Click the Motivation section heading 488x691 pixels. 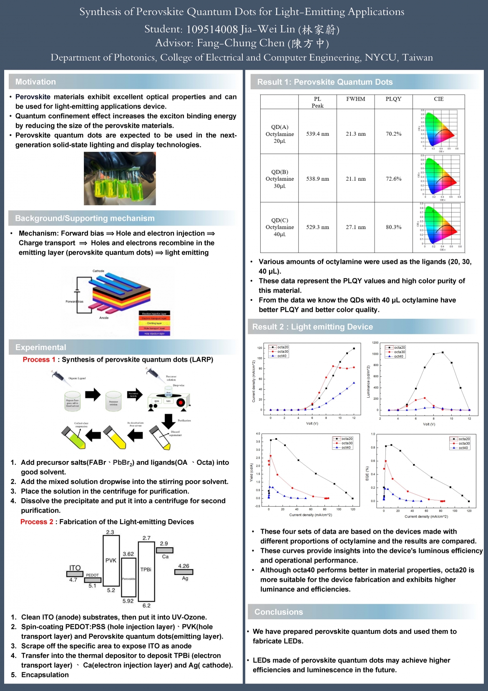click(x=35, y=82)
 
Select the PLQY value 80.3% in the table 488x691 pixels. click(x=393, y=227)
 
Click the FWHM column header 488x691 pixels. click(x=355, y=99)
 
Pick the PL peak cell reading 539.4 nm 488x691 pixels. click(x=317, y=134)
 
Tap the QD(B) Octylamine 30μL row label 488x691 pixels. click(x=279, y=179)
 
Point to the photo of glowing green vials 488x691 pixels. click(x=120, y=178)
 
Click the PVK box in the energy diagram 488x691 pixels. click(x=111, y=560)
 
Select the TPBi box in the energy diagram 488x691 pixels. click(x=146, y=570)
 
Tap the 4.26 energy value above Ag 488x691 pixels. click(x=184, y=566)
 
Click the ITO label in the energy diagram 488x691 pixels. click(x=75, y=568)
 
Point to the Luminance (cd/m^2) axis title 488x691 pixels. click(x=368, y=381)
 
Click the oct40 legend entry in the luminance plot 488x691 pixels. click(x=398, y=356)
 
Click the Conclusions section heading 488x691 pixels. click(x=279, y=612)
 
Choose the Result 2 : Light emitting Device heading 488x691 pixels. click(x=312, y=327)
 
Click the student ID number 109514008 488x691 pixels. click(x=212, y=29)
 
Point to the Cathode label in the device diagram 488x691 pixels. click(x=98, y=271)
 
